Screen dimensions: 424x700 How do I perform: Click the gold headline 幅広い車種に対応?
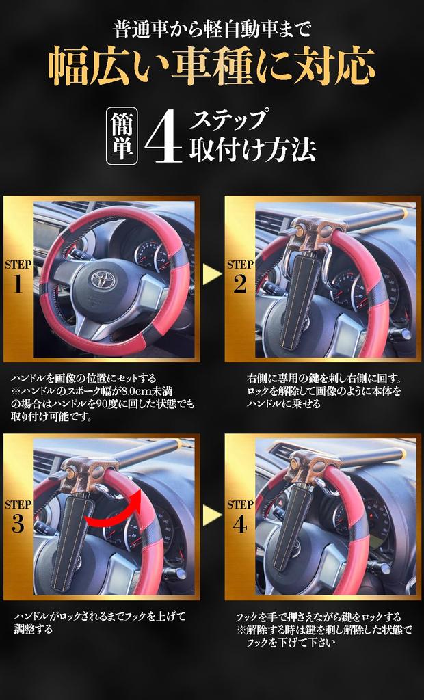pos(211,66)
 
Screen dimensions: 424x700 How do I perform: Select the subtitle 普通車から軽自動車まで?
pos(211,31)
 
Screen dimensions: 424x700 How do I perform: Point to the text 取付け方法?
pos(252,149)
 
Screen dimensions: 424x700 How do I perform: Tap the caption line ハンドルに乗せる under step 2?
pos(284,404)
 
